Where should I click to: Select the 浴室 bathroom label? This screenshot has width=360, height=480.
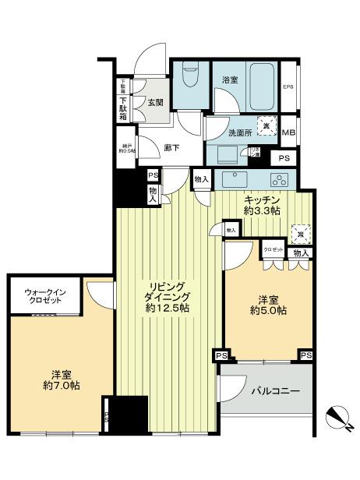coord(229,79)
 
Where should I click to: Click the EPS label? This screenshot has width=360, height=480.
coord(288,86)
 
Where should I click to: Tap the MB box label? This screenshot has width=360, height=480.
coord(288,132)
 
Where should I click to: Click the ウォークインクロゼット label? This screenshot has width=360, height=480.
coord(42,296)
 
